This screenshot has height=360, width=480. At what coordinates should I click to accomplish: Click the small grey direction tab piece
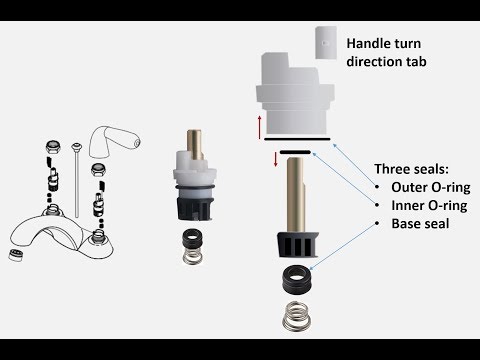[x=326, y=43]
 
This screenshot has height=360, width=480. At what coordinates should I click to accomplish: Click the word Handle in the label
[x=368, y=43]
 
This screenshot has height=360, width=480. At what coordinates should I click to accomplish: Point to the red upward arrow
[x=259, y=127]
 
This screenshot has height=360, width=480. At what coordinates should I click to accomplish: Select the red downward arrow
[x=276, y=159]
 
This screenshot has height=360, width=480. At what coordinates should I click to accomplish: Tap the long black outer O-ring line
[x=297, y=139]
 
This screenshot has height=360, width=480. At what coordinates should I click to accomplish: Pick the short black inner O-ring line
[x=295, y=152]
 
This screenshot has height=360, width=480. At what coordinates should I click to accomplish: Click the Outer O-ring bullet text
[x=431, y=187]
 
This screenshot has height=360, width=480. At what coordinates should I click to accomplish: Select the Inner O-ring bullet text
[x=429, y=205]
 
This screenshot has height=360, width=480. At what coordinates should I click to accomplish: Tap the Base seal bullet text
[x=420, y=223]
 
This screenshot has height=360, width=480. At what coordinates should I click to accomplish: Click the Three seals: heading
[x=411, y=169]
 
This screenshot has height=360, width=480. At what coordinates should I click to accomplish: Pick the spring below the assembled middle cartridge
[x=193, y=255]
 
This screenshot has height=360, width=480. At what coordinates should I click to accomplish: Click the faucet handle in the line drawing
[x=114, y=141]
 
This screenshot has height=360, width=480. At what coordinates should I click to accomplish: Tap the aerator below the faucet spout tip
[x=16, y=255]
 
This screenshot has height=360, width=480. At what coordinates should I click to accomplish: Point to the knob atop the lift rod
[x=77, y=146]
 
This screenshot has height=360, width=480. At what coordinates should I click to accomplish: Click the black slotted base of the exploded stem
[x=298, y=245]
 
